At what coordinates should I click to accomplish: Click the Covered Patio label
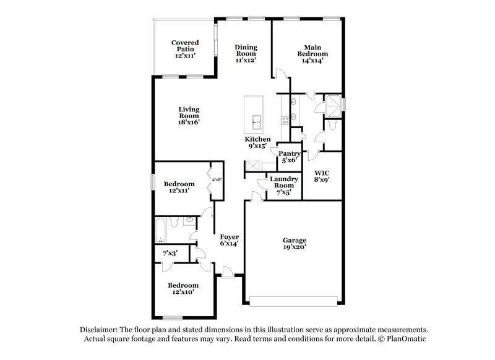coord(185,48)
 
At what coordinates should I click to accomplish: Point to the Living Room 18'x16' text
coord(189,116)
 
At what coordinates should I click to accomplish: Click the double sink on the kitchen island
coord(256,119)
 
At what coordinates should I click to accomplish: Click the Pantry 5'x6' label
coord(289,156)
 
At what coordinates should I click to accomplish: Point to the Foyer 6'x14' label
coord(229,240)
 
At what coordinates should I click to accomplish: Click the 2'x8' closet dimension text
coord(217,179)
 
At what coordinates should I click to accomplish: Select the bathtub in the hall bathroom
coord(160,230)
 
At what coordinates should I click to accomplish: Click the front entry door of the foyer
coord(228,270)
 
